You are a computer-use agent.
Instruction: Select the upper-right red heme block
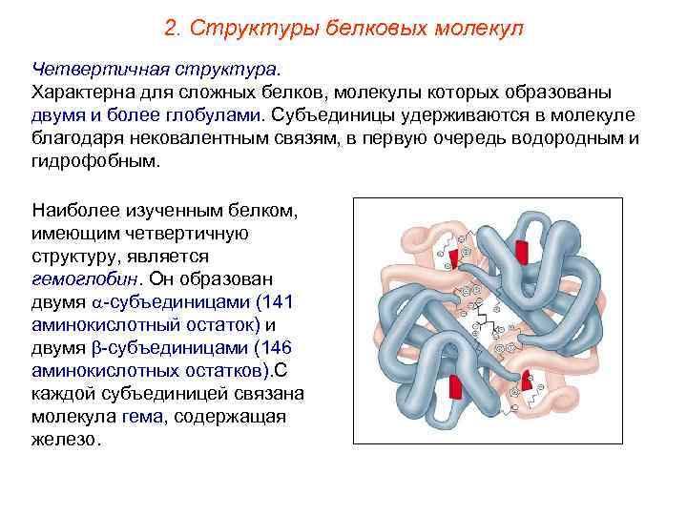click(x=521, y=252)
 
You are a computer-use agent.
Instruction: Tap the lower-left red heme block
click(x=455, y=388)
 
